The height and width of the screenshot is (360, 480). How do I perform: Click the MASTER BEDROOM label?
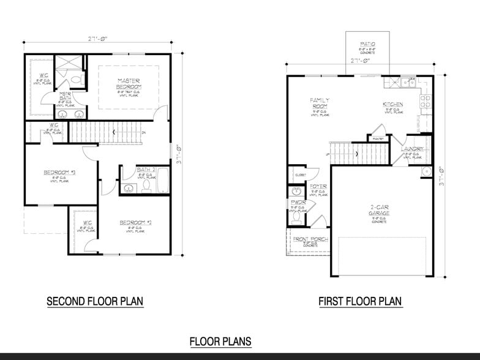click(x=129, y=83)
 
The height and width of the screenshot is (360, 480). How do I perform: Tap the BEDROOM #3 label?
click(x=59, y=172)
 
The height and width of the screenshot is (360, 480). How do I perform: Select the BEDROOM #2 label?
click(x=135, y=222)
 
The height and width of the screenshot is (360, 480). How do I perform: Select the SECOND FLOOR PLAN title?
click(x=95, y=301)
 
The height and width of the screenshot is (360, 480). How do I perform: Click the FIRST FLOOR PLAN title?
click(x=359, y=301)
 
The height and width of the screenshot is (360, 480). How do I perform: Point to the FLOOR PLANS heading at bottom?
click(x=220, y=342)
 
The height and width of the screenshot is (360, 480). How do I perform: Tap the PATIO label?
click(x=367, y=44)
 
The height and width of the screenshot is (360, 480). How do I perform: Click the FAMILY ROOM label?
click(x=320, y=103)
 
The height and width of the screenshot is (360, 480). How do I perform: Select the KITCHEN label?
click(x=392, y=105)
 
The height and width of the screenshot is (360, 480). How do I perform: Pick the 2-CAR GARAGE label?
click(x=379, y=210)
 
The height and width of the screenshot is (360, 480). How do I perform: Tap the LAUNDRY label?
click(x=411, y=149)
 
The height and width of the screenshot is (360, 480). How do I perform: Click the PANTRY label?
click(x=378, y=138)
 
